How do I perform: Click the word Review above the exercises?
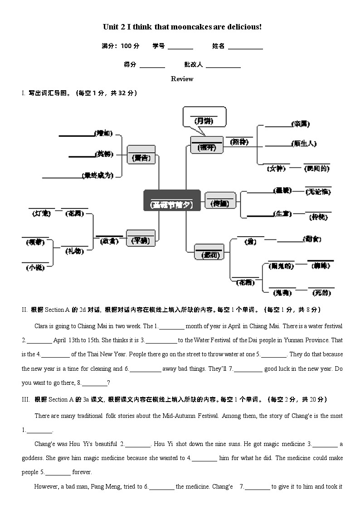(182, 79)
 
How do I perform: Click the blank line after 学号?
(180, 47)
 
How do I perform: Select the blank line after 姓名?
(245, 47)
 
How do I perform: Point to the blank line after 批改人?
(223, 65)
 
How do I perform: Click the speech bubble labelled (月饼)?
(204, 118)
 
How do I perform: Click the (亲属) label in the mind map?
(301, 123)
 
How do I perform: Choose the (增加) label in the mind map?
(103, 133)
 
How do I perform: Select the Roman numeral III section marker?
(25, 400)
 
